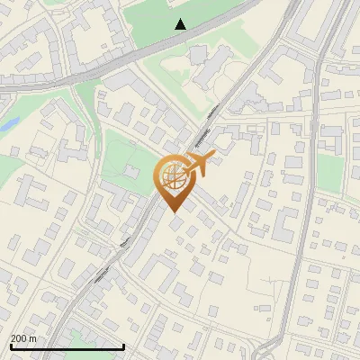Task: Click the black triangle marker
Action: [181, 24]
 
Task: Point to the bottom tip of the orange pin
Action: [172, 212]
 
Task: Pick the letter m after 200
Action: [33, 338]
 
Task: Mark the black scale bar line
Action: [67, 346]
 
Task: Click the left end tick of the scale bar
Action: [10, 345]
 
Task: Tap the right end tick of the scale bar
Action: [123, 345]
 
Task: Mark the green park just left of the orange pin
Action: [126, 162]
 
